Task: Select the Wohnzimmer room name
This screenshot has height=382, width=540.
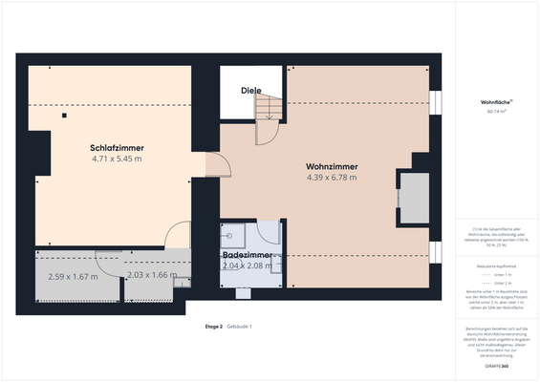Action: pos(332,165)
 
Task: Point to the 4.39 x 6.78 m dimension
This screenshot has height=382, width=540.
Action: pos(332,177)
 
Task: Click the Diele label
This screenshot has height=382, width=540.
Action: pos(250,91)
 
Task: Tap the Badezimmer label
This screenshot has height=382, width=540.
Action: pos(249,256)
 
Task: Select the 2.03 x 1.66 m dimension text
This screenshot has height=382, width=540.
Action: pos(152,275)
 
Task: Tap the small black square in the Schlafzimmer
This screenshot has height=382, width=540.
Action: pos(64,116)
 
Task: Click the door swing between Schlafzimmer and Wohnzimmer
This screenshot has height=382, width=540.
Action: pos(219,167)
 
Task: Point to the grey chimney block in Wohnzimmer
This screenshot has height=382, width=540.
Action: pos(414,198)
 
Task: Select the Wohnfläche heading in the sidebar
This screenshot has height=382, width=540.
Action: pos(496,102)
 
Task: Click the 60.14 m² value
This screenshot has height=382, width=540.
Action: pos(496,112)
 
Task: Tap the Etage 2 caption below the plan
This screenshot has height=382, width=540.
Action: pos(213,327)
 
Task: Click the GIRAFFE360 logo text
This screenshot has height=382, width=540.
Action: pos(496,366)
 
